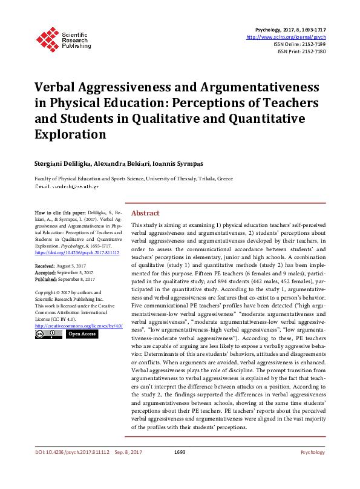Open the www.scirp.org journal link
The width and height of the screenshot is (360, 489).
(286, 37)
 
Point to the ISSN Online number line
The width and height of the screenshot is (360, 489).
(299, 44)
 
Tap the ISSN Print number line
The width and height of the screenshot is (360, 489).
(301, 51)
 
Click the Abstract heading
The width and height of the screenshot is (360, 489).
(145, 214)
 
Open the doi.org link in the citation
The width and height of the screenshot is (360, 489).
(77, 252)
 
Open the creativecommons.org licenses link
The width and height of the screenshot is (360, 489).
(79, 326)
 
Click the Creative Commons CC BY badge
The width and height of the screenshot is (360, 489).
(47, 334)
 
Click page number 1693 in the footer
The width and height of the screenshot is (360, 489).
(179, 452)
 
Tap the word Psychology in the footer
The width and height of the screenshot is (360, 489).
(313, 452)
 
